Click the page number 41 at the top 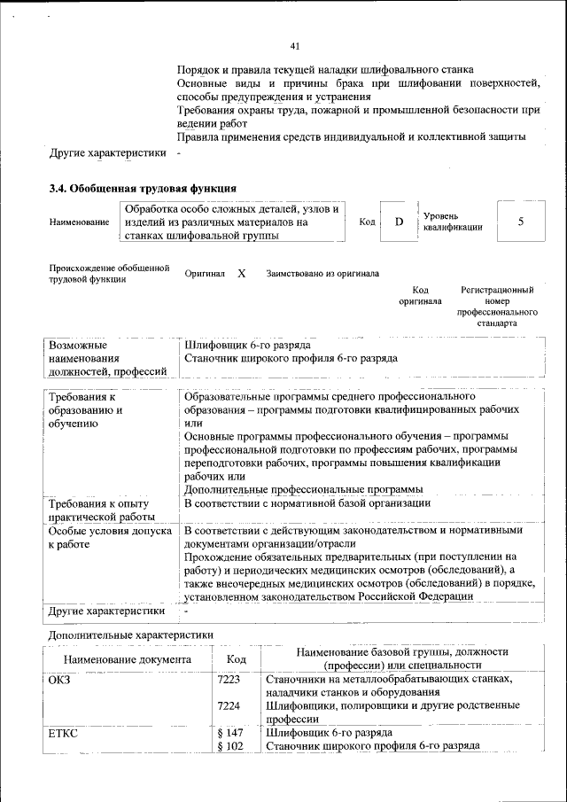point(295,46)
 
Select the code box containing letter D point(399,221)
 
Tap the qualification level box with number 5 point(520,221)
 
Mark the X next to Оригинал point(241,274)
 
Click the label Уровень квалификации point(453,222)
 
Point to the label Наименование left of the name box point(79,222)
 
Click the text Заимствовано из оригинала point(322,274)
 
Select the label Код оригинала point(420,295)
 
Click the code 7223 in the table point(229,679)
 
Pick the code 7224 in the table point(229,705)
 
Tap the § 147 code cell point(229,733)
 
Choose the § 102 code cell point(229,746)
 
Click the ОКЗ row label point(59,679)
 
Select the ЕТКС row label point(62,733)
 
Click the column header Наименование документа point(127,659)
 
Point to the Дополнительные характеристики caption point(130,635)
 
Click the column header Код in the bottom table point(236,659)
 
